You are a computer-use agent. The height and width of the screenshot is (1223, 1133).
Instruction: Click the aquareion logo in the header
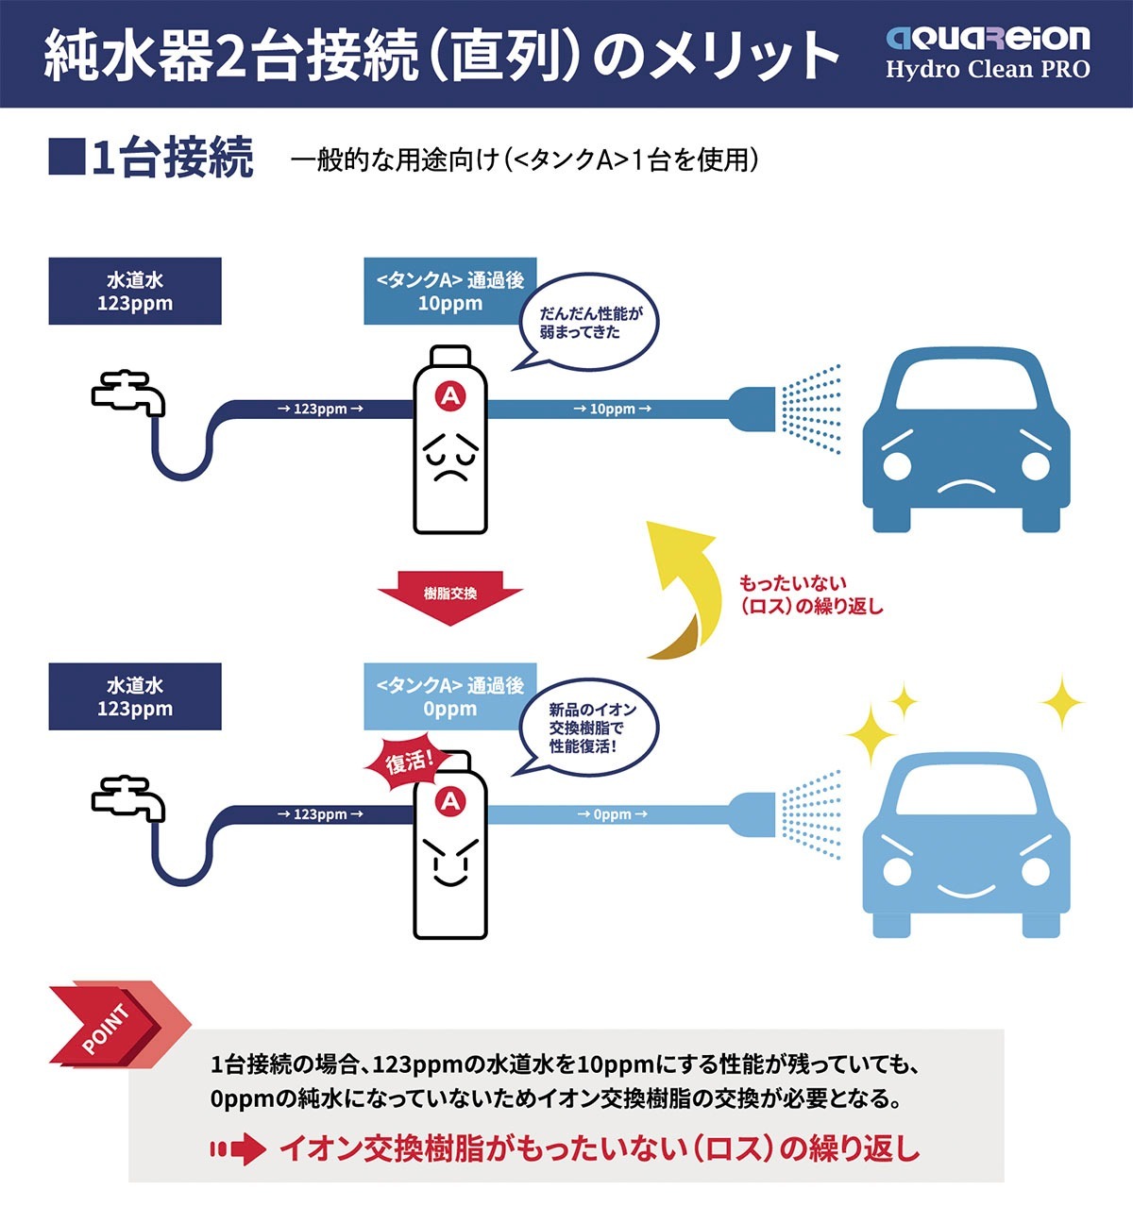(988, 38)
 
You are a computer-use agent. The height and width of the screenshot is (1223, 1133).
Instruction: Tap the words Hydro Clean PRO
(988, 69)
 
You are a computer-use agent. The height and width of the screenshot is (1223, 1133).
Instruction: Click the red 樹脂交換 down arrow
(450, 596)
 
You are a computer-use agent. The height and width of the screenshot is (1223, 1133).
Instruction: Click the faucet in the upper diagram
(128, 393)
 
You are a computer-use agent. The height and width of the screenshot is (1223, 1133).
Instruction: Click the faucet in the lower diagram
(128, 797)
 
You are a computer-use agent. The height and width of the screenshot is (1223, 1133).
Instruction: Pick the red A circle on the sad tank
(450, 396)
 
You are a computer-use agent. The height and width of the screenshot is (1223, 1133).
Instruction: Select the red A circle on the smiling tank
(450, 801)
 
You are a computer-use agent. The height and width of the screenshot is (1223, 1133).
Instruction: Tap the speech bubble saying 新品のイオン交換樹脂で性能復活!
(589, 728)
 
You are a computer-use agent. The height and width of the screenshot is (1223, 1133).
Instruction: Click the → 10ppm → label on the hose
(612, 409)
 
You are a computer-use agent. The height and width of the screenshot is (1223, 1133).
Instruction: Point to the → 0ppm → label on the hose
(612, 814)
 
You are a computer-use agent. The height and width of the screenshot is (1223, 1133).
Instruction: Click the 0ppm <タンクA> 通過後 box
(450, 696)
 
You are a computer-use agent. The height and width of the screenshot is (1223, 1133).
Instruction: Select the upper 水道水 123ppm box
(135, 291)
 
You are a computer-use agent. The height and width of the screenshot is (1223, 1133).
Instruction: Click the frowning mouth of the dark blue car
(966, 487)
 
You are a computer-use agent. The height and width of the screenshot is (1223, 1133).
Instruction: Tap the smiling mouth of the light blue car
(966, 891)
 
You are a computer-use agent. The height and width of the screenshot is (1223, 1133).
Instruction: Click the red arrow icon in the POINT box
(238, 1149)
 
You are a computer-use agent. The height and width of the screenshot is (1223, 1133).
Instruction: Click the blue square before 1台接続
(67, 157)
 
